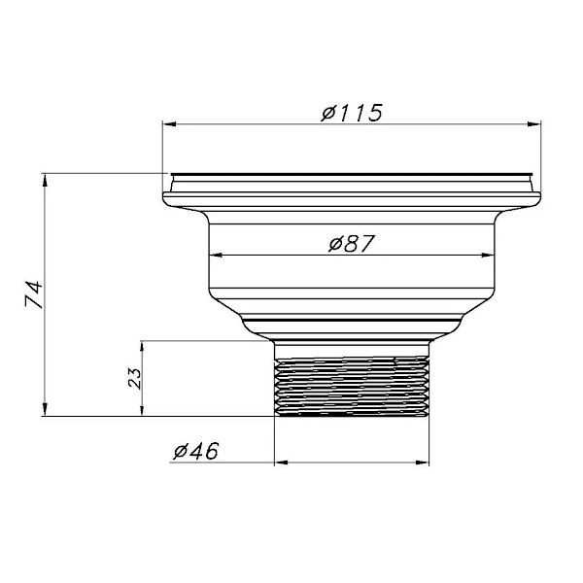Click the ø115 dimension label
[352, 113]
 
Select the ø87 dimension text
[352, 244]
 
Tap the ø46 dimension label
[196, 451]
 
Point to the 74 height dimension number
[34, 293]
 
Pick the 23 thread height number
[135, 378]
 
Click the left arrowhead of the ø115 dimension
[169, 124]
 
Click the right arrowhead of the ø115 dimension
[533, 124]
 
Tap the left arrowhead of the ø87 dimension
[216, 255]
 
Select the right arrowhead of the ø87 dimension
[488, 255]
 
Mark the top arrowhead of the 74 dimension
[45, 181]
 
